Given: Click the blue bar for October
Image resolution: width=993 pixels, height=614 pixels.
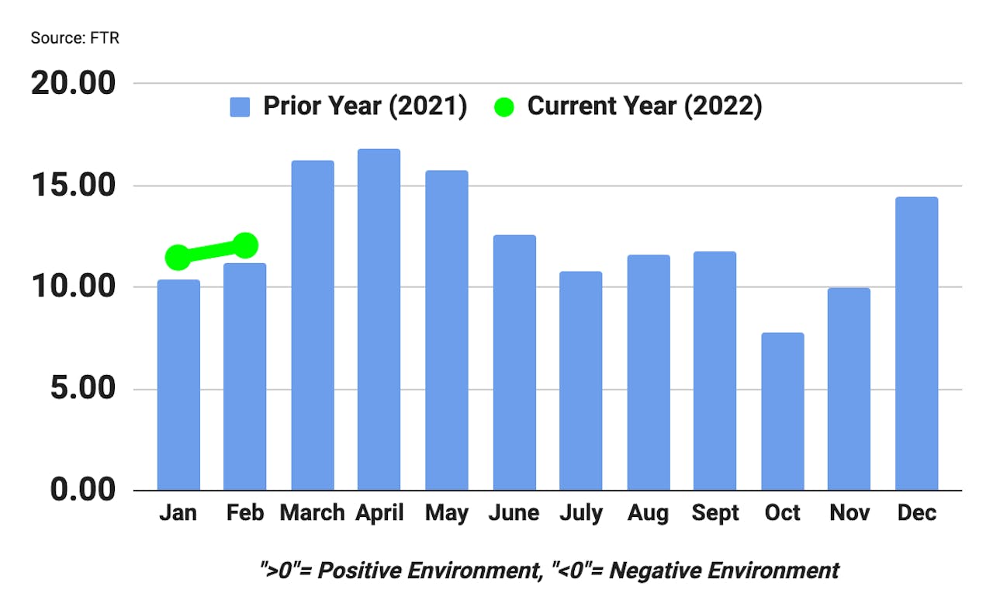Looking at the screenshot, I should pyautogui.click(x=782, y=411).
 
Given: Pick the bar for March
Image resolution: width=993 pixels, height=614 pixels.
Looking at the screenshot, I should pyautogui.click(x=313, y=325).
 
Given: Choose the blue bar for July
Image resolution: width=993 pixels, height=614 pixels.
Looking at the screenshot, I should pyautogui.click(x=580, y=380).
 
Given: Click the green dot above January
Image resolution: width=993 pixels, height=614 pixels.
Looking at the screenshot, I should pyautogui.click(x=178, y=256).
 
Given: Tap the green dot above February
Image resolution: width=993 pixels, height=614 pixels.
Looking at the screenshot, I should pyautogui.click(x=245, y=246).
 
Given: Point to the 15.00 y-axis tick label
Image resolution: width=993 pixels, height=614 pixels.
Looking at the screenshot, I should pyautogui.click(x=73, y=186).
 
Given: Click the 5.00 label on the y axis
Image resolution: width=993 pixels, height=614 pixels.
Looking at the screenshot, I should pyautogui.click(x=84, y=389).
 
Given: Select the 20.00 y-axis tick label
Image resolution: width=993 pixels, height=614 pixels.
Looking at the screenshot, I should pyautogui.click(x=73, y=83).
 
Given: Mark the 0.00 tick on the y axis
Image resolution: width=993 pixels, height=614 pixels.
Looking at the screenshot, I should pyautogui.click(x=84, y=491).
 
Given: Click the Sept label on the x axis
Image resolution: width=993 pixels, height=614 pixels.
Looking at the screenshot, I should pyautogui.click(x=715, y=513).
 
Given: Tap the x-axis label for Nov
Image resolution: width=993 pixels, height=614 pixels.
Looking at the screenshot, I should pyautogui.click(x=849, y=513).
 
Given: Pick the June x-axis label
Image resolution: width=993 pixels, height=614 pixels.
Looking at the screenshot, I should pyautogui.click(x=514, y=513).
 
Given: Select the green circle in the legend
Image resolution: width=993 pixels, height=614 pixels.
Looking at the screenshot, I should pyautogui.click(x=503, y=107).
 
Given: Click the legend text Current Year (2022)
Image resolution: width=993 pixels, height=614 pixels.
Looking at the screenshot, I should pyautogui.click(x=645, y=106).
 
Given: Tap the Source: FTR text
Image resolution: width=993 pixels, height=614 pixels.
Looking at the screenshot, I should pyautogui.click(x=75, y=37).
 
